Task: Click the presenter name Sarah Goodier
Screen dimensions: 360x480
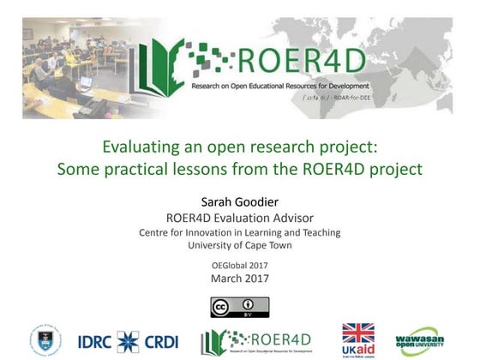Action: tap(239, 202)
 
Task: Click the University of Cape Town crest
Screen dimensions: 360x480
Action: tap(45, 340)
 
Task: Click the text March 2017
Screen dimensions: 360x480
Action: tap(239, 278)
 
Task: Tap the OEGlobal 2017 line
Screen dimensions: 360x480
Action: tap(239, 265)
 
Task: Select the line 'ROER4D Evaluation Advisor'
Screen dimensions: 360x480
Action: tap(239, 218)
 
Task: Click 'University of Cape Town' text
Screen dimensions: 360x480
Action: tap(239, 245)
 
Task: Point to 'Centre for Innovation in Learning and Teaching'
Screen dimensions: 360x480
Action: tap(239, 232)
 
